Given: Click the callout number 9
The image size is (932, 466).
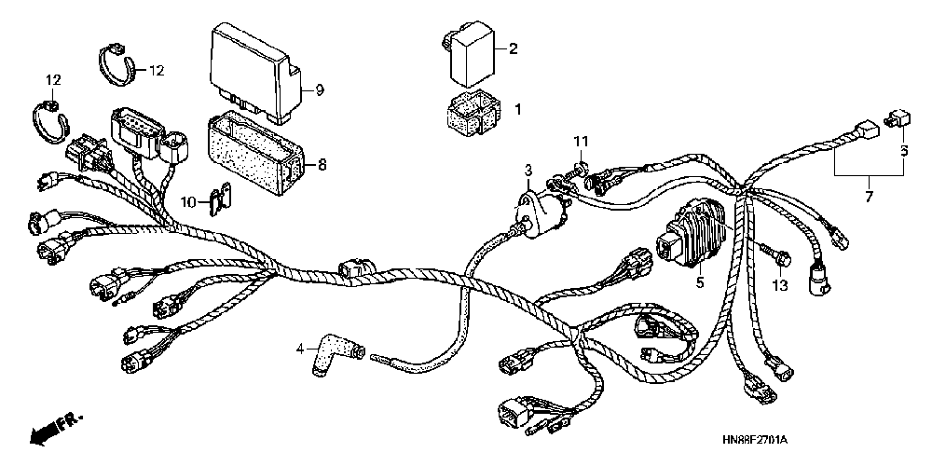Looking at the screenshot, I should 319,90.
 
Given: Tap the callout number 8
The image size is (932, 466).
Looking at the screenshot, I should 322,165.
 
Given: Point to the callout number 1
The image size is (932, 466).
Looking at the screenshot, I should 518,109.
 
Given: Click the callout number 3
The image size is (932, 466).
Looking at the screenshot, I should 527,170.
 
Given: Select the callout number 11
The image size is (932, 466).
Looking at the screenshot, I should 581,141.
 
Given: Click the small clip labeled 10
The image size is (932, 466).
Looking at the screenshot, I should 221,197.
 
